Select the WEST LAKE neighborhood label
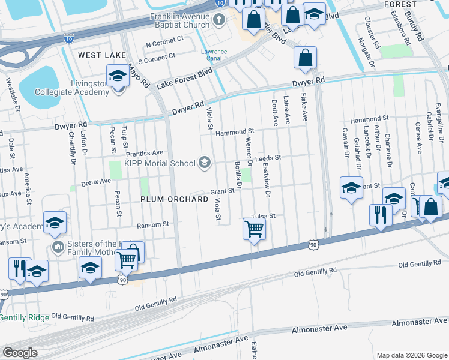(101, 55)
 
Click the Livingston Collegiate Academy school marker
(118, 76)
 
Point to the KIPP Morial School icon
(205, 163)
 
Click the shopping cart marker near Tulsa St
(255, 229)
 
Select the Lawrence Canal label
(214, 55)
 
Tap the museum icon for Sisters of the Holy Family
(58, 247)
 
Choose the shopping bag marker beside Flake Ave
(305, 58)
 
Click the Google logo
(20, 353)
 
